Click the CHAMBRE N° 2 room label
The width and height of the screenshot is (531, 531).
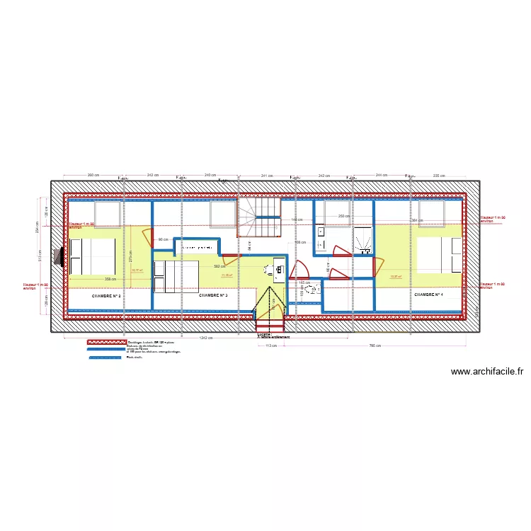(107, 295)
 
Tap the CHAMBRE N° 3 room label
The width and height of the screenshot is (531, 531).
(213, 295)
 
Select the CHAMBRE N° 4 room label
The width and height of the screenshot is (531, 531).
(428, 295)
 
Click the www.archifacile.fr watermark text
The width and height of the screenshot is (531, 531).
(487, 371)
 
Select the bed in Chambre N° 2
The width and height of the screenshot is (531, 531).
(92, 256)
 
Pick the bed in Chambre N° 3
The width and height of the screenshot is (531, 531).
(177, 275)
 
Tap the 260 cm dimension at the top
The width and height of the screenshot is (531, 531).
(92, 175)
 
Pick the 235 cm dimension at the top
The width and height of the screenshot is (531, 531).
(438, 175)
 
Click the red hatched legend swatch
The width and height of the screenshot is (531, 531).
(105, 342)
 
